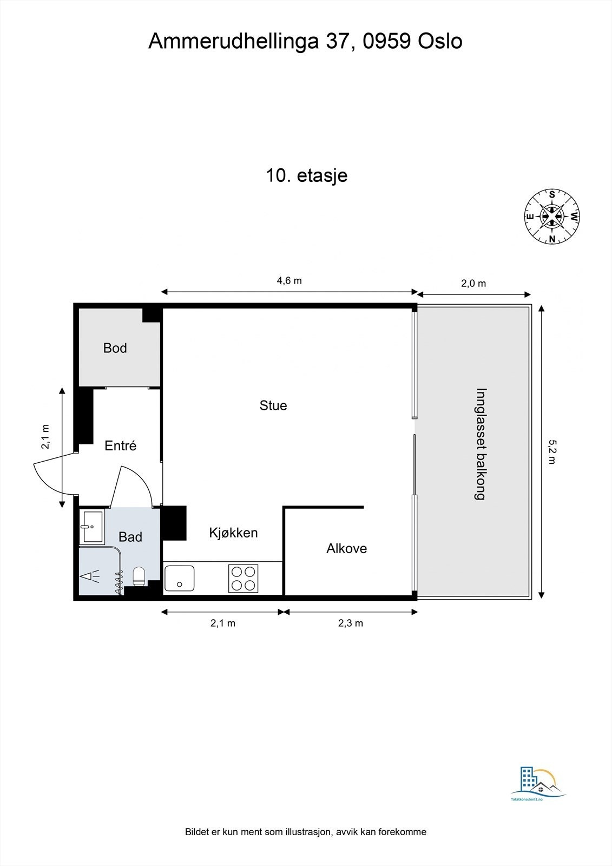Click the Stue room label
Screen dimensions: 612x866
point(273,405)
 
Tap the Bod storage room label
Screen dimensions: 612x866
point(115,348)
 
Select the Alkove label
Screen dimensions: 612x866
point(346,548)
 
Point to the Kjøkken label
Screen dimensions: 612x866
point(233,533)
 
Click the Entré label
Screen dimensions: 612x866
point(120,445)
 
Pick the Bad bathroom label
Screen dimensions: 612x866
point(130,536)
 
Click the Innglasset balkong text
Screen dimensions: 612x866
point(480,444)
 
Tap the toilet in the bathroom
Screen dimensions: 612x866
point(139,576)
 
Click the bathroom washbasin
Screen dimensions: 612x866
point(91,526)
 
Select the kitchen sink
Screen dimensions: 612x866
point(180,579)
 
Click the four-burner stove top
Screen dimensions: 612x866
point(243,579)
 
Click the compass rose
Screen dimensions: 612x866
point(552,216)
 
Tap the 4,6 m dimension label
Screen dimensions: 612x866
point(289,281)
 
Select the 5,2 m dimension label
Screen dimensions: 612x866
point(551,452)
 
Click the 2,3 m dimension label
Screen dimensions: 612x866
point(351,623)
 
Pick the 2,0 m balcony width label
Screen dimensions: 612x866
point(473,284)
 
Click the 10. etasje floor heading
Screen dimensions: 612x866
point(307,175)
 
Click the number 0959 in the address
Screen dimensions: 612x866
point(386,41)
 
